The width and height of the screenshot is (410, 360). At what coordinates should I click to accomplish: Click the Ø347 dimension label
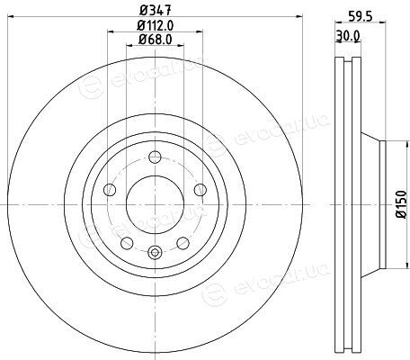pyautogui.click(x=156, y=11)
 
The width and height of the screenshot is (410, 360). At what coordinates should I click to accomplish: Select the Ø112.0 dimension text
pyautogui.click(x=156, y=25)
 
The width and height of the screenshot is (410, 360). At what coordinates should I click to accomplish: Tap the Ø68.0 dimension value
pyautogui.click(x=156, y=40)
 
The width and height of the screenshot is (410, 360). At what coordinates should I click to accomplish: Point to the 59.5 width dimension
pyautogui.click(x=360, y=16)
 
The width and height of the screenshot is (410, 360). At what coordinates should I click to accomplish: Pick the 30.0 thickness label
pyautogui.click(x=348, y=36)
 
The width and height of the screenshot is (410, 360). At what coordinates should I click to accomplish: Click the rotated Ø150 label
pyautogui.click(x=401, y=204)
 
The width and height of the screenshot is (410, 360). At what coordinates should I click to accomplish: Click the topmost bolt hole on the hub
pyautogui.click(x=155, y=157)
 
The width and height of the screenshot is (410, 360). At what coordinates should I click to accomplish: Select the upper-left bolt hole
pyautogui.click(x=110, y=190)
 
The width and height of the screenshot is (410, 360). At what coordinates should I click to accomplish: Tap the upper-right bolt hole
pyautogui.click(x=201, y=190)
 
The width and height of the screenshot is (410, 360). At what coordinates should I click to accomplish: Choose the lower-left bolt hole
pyautogui.click(x=127, y=243)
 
